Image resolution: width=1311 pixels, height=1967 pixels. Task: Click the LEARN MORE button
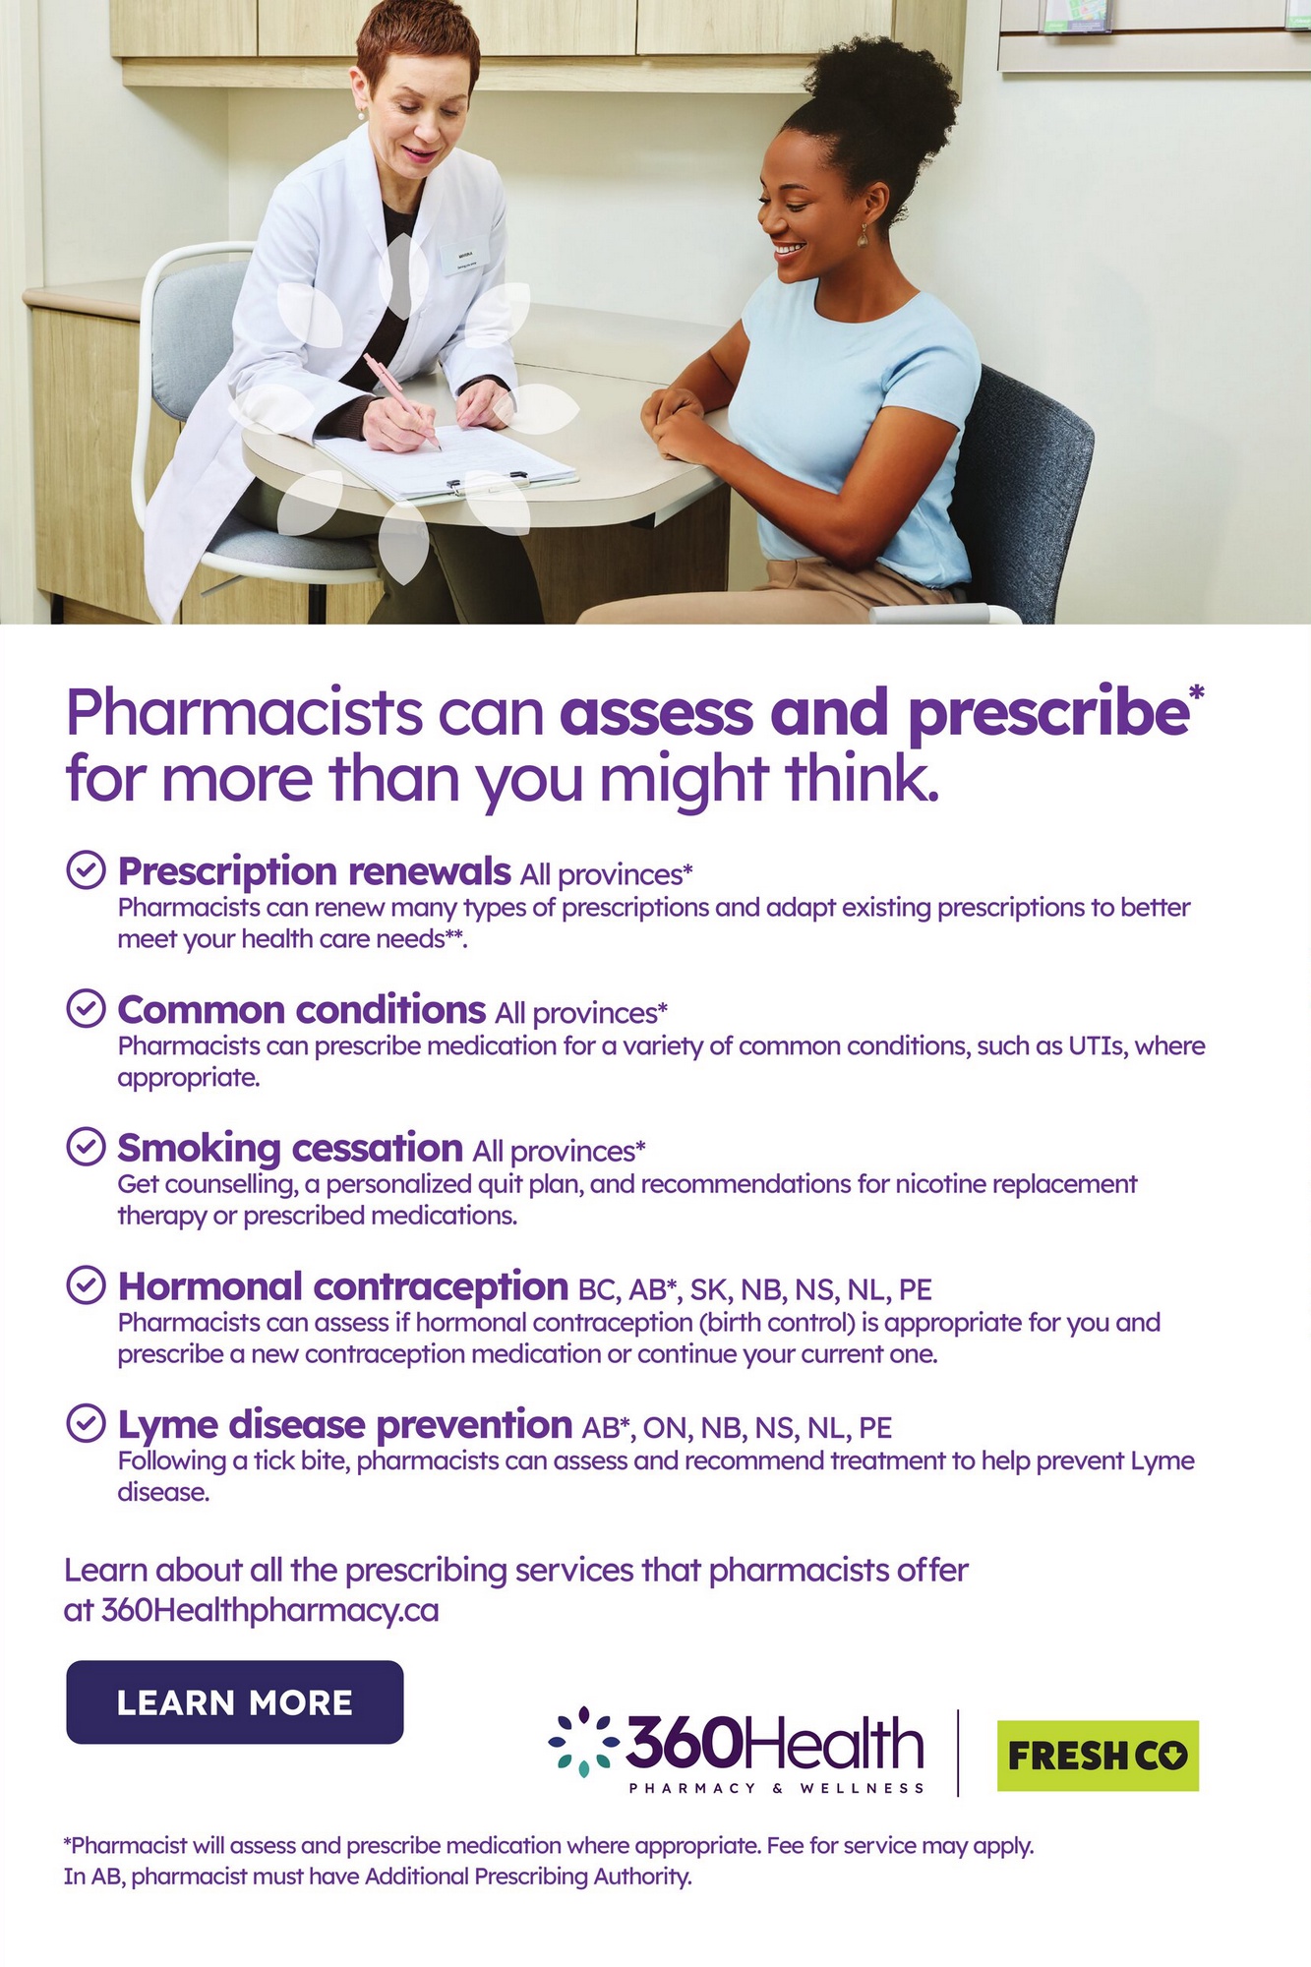coord(235,1702)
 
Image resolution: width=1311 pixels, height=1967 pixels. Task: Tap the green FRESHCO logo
coord(1098,1756)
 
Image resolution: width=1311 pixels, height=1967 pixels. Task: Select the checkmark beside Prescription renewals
coord(86,870)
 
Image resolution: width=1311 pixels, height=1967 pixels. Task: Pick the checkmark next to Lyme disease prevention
coord(86,1423)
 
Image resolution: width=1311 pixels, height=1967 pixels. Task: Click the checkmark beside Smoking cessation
coord(86,1147)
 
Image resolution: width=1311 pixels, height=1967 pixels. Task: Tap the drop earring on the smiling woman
coord(863,237)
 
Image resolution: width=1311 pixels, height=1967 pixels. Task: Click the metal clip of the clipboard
coord(487,481)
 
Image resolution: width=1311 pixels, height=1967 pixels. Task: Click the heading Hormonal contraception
coord(343,1286)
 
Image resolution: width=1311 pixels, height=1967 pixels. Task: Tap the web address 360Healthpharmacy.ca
coord(269,1610)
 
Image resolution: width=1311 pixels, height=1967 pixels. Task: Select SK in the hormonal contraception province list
coord(708,1289)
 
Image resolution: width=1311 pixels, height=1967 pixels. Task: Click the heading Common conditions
coord(302,1010)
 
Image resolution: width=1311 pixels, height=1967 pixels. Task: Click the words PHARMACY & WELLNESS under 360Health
coord(777,1788)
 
